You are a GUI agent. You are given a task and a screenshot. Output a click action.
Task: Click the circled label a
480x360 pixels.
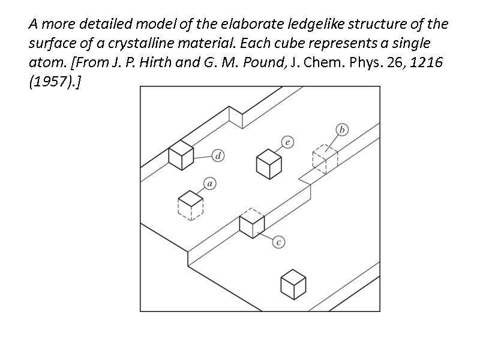pyautogui.click(x=211, y=183)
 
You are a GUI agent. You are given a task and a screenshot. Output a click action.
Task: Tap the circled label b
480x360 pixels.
pyautogui.click(x=342, y=130)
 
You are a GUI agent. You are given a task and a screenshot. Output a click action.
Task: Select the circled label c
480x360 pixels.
pyautogui.click(x=278, y=242)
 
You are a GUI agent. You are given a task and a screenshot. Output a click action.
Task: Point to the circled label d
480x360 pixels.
pyautogui.click(x=218, y=157)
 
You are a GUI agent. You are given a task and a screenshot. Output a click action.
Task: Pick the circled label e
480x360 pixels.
pyautogui.click(x=288, y=142)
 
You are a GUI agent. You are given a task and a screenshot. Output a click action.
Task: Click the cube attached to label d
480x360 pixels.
pyautogui.click(x=181, y=156)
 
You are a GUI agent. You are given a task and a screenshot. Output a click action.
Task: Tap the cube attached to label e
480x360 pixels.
pyautogui.click(x=269, y=163)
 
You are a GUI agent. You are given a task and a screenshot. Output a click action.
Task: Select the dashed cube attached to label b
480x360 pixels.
pyautogui.click(x=325, y=158)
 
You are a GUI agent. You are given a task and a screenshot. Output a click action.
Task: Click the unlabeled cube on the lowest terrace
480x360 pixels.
pyautogui.click(x=293, y=284)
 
